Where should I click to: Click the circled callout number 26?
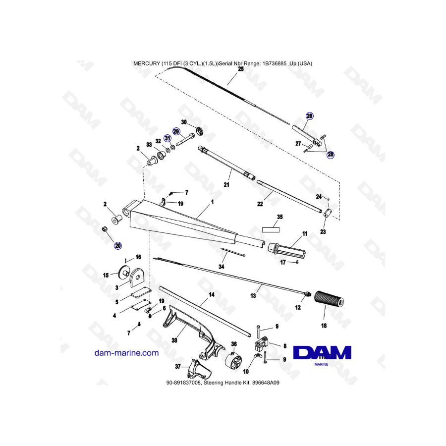click(309, 116)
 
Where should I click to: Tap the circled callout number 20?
click(118, 246)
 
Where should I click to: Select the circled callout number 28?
click(331, 155)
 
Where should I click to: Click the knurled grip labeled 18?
click(329, 301)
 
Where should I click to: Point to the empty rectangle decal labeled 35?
click(271, 230)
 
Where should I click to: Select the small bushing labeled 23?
click(329, 213)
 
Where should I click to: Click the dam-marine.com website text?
click(126, 353)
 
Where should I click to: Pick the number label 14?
click(212, 295)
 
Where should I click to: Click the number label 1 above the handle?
click(212, 202)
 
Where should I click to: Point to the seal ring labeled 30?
click(200, 131)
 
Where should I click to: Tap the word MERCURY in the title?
click(147, 63)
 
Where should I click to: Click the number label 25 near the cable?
click(241, 69)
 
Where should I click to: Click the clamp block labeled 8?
click(261, 344)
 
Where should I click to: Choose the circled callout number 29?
click(176, 131)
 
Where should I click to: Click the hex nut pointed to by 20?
click(105, 229)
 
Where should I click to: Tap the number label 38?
click(174, 340)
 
